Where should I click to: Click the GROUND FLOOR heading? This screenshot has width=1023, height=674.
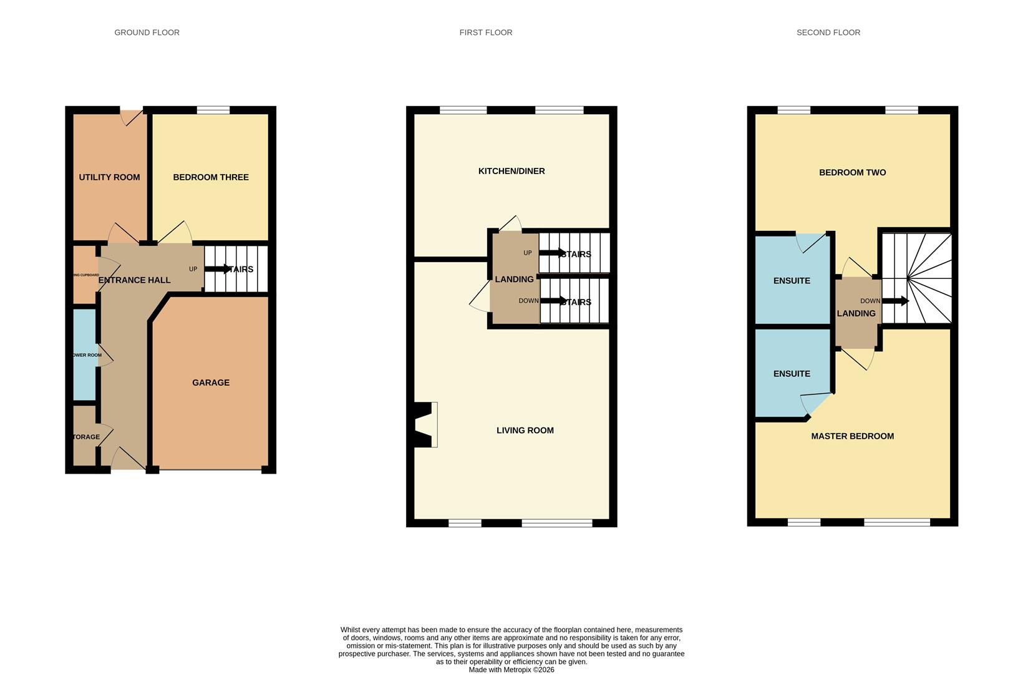tap(147, 32)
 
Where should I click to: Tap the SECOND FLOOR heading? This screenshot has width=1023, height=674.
tap(828, 32)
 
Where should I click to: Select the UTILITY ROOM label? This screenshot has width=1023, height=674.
tap(109, 177)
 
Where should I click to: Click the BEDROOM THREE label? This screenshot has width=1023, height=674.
tap(211, 177)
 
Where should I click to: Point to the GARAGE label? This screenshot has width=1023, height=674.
tap(211, 383)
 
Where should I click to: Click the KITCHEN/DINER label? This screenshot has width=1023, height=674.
tap(511, 171)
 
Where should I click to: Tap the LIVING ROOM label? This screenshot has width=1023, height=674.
tap(525, 430)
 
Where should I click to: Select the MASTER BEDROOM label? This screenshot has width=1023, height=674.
tap(852, 436)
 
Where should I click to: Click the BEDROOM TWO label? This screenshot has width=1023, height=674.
tap(852, 172)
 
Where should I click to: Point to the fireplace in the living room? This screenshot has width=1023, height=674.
tap(425, 424)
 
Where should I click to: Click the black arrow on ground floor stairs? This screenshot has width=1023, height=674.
tap(218, 269)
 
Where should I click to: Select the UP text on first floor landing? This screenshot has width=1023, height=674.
tap(528, 253)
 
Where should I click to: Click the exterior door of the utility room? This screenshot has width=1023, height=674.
tap(132, 116)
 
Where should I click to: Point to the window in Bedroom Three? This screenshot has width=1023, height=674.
tap(213, 110)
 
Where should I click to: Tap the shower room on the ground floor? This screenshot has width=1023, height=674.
tap(85, 355)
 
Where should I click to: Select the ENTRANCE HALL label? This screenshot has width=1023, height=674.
tap(134, 280)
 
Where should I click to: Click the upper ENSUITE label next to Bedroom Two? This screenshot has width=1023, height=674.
tap(792, 281)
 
